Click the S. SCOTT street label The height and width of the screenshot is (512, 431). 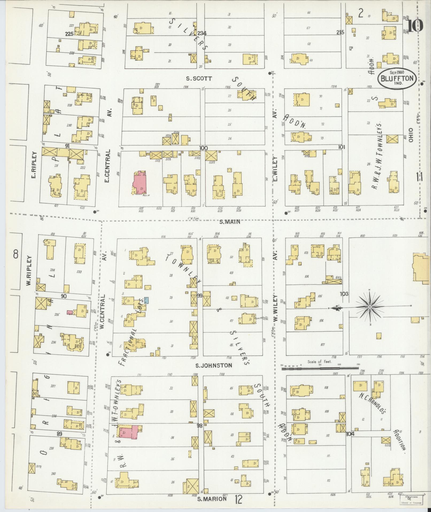(199, 78)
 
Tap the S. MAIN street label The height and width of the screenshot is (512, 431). (230, 222)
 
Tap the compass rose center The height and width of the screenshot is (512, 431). (370, 307)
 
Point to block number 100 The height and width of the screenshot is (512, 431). (203, 148)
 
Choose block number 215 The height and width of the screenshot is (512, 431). (340, 32)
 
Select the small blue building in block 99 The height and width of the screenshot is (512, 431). (146, 300)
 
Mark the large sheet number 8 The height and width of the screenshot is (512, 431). (15, 253)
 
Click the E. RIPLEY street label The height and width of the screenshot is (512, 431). (36, 169)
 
